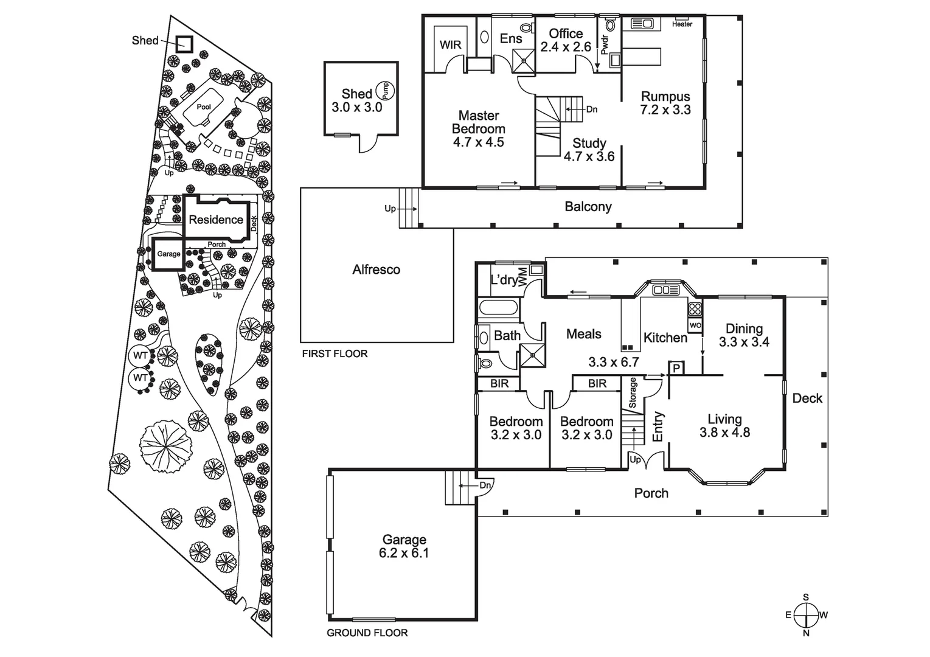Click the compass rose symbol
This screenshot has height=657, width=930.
click(806, 614)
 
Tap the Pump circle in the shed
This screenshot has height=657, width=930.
click(384, 91)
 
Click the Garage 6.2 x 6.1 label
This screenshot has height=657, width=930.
click(404, 546)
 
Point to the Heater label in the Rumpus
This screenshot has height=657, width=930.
click(682, 24)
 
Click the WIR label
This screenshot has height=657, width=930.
click(450, 45)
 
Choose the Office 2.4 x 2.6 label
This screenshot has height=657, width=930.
click(566, 40)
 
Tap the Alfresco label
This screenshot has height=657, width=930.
click(376, 269)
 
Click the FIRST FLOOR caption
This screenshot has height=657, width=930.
click(335, 353)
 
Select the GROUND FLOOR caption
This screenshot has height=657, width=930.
click(367, 633)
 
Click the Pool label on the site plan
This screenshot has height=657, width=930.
click(204, 107)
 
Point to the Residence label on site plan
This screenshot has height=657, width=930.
click(215, 220)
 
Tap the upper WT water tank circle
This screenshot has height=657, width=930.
click(141, 355)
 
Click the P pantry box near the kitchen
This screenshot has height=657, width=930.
click(676, 368)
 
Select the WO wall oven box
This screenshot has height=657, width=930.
click(695, 325)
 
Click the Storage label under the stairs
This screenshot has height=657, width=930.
click(633, 393)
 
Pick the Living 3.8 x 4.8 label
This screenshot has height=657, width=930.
click(724, 426)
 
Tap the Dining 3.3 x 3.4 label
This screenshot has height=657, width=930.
click(744, 335)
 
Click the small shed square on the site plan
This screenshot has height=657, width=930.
click(184, 44)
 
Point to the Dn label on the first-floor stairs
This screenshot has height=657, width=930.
click(591, 109)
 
